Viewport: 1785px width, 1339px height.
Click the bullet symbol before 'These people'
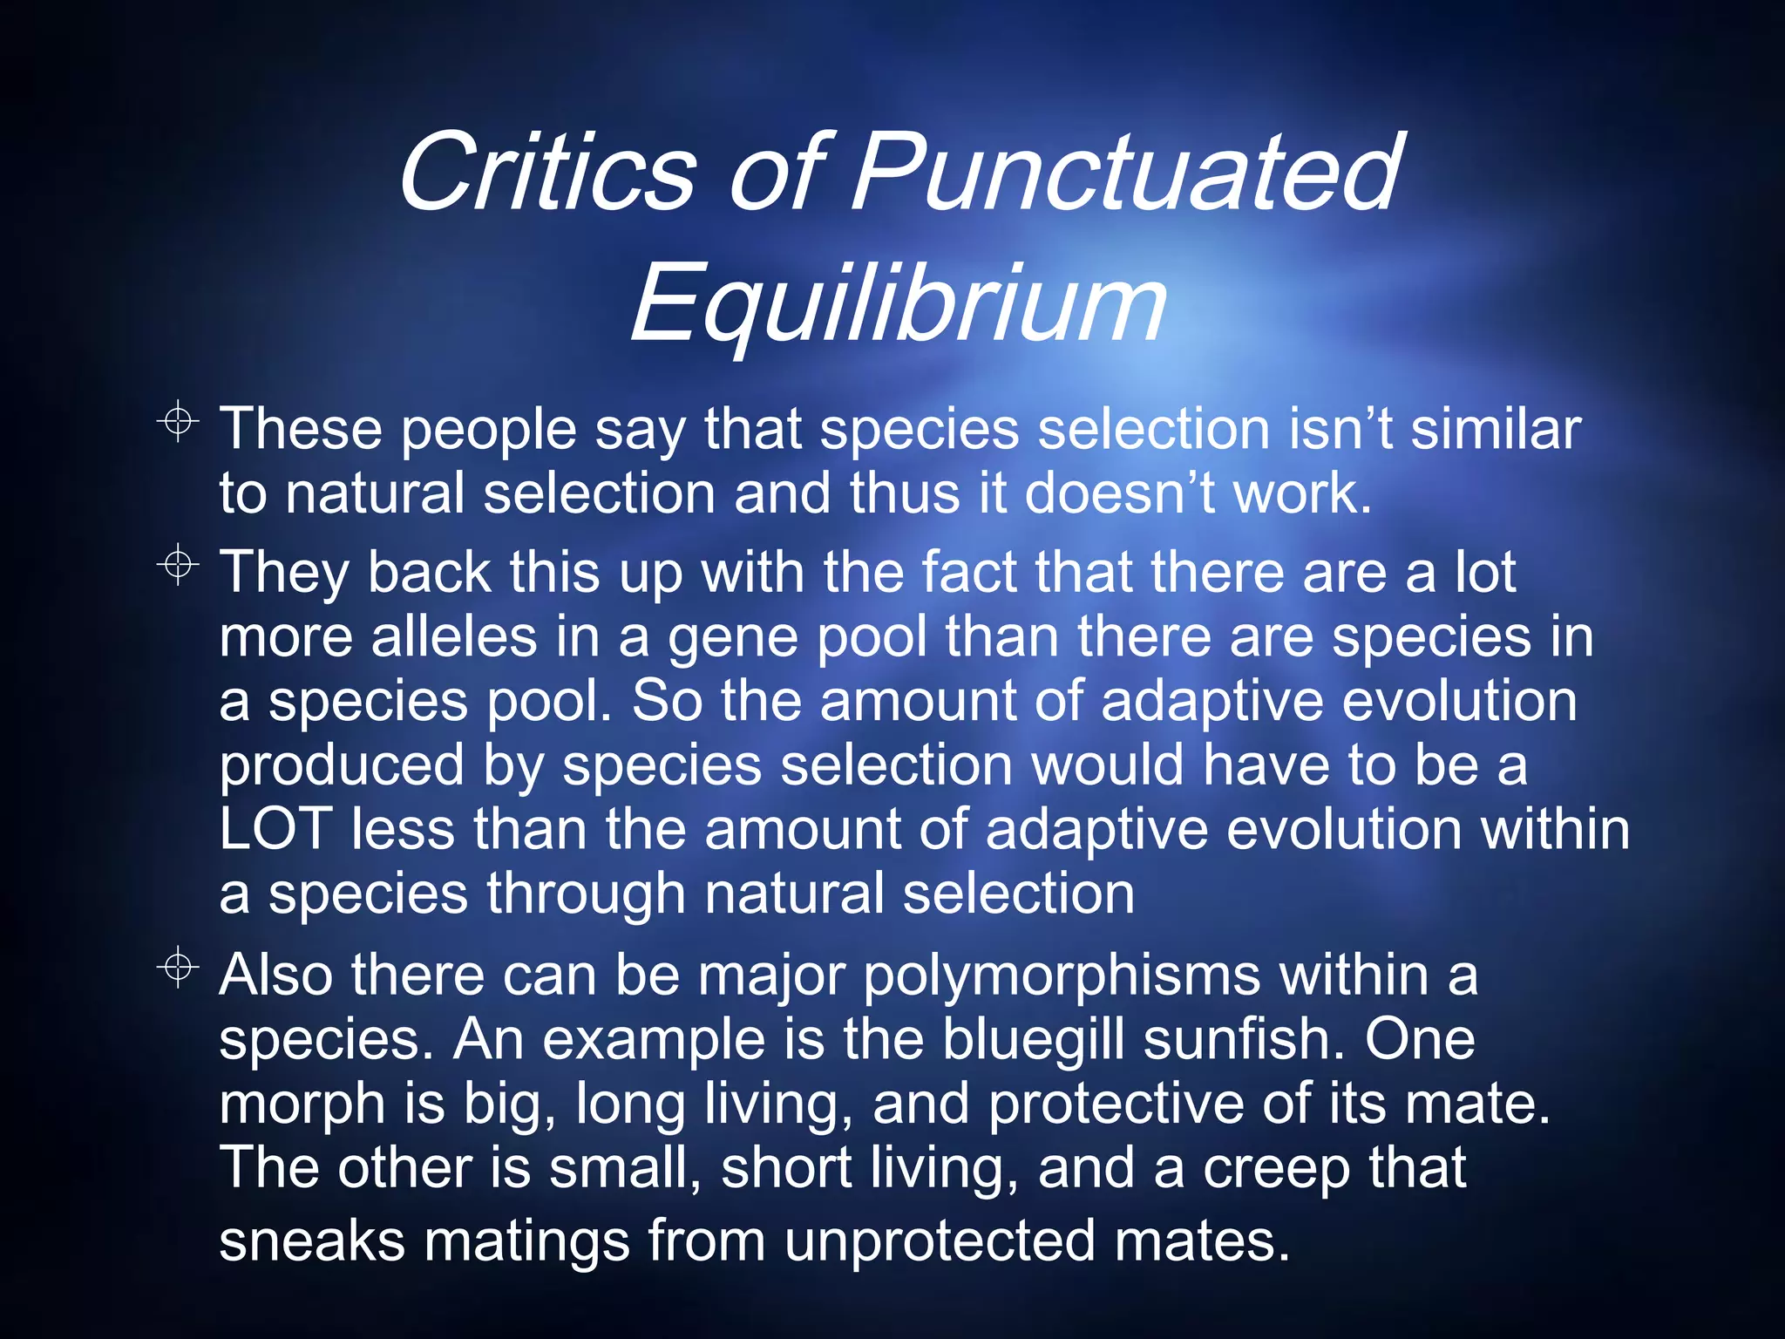click(x=178, y=422)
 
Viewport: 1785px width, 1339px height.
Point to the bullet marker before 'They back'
click(x=178, y=565)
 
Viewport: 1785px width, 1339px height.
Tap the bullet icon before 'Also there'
click(x=178, y=967)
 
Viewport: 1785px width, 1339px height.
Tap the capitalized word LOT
click(x=275, y=828)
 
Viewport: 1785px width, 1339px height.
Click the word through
click(x=586, y=894)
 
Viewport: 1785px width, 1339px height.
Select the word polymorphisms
click(x=1062, y=976)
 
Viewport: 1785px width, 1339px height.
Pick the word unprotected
click(x=939, y=1240)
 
